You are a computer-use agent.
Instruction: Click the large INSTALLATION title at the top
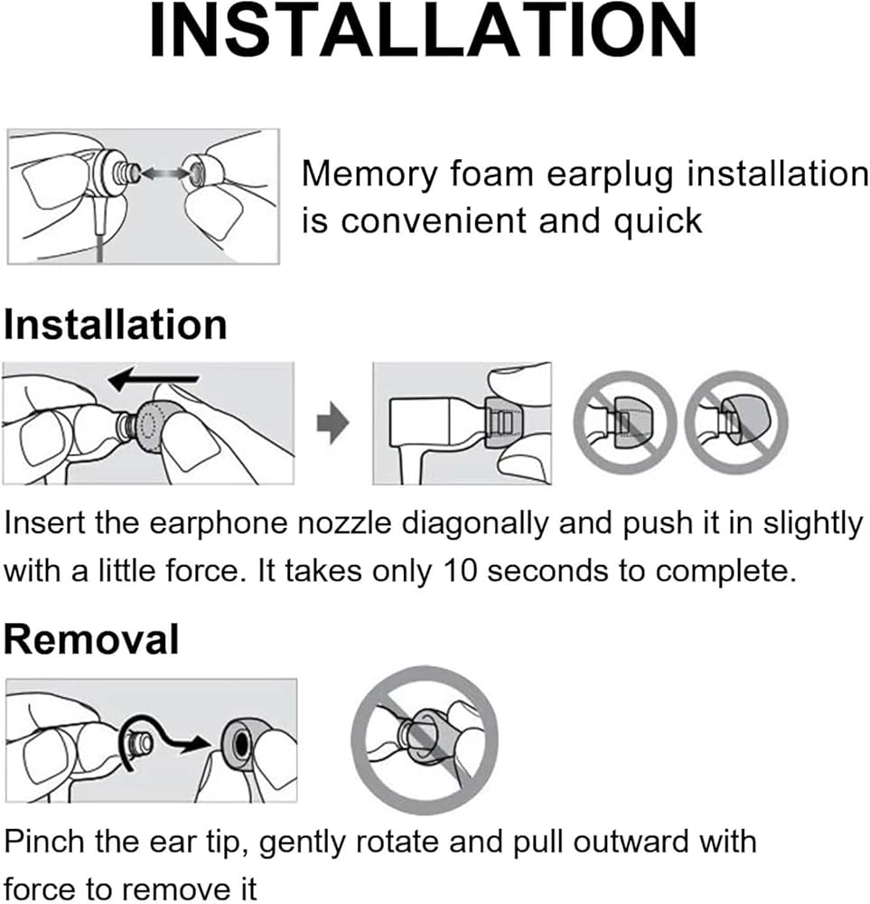tap(423, 30)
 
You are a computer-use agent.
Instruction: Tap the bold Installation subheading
tap(116, 325)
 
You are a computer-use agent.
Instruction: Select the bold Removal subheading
tap(91, 639)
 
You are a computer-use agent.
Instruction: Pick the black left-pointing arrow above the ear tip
tap(154, 379)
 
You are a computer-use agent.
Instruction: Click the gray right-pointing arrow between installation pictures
tap(333, 422)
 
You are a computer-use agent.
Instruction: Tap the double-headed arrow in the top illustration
tap(164, 173)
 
